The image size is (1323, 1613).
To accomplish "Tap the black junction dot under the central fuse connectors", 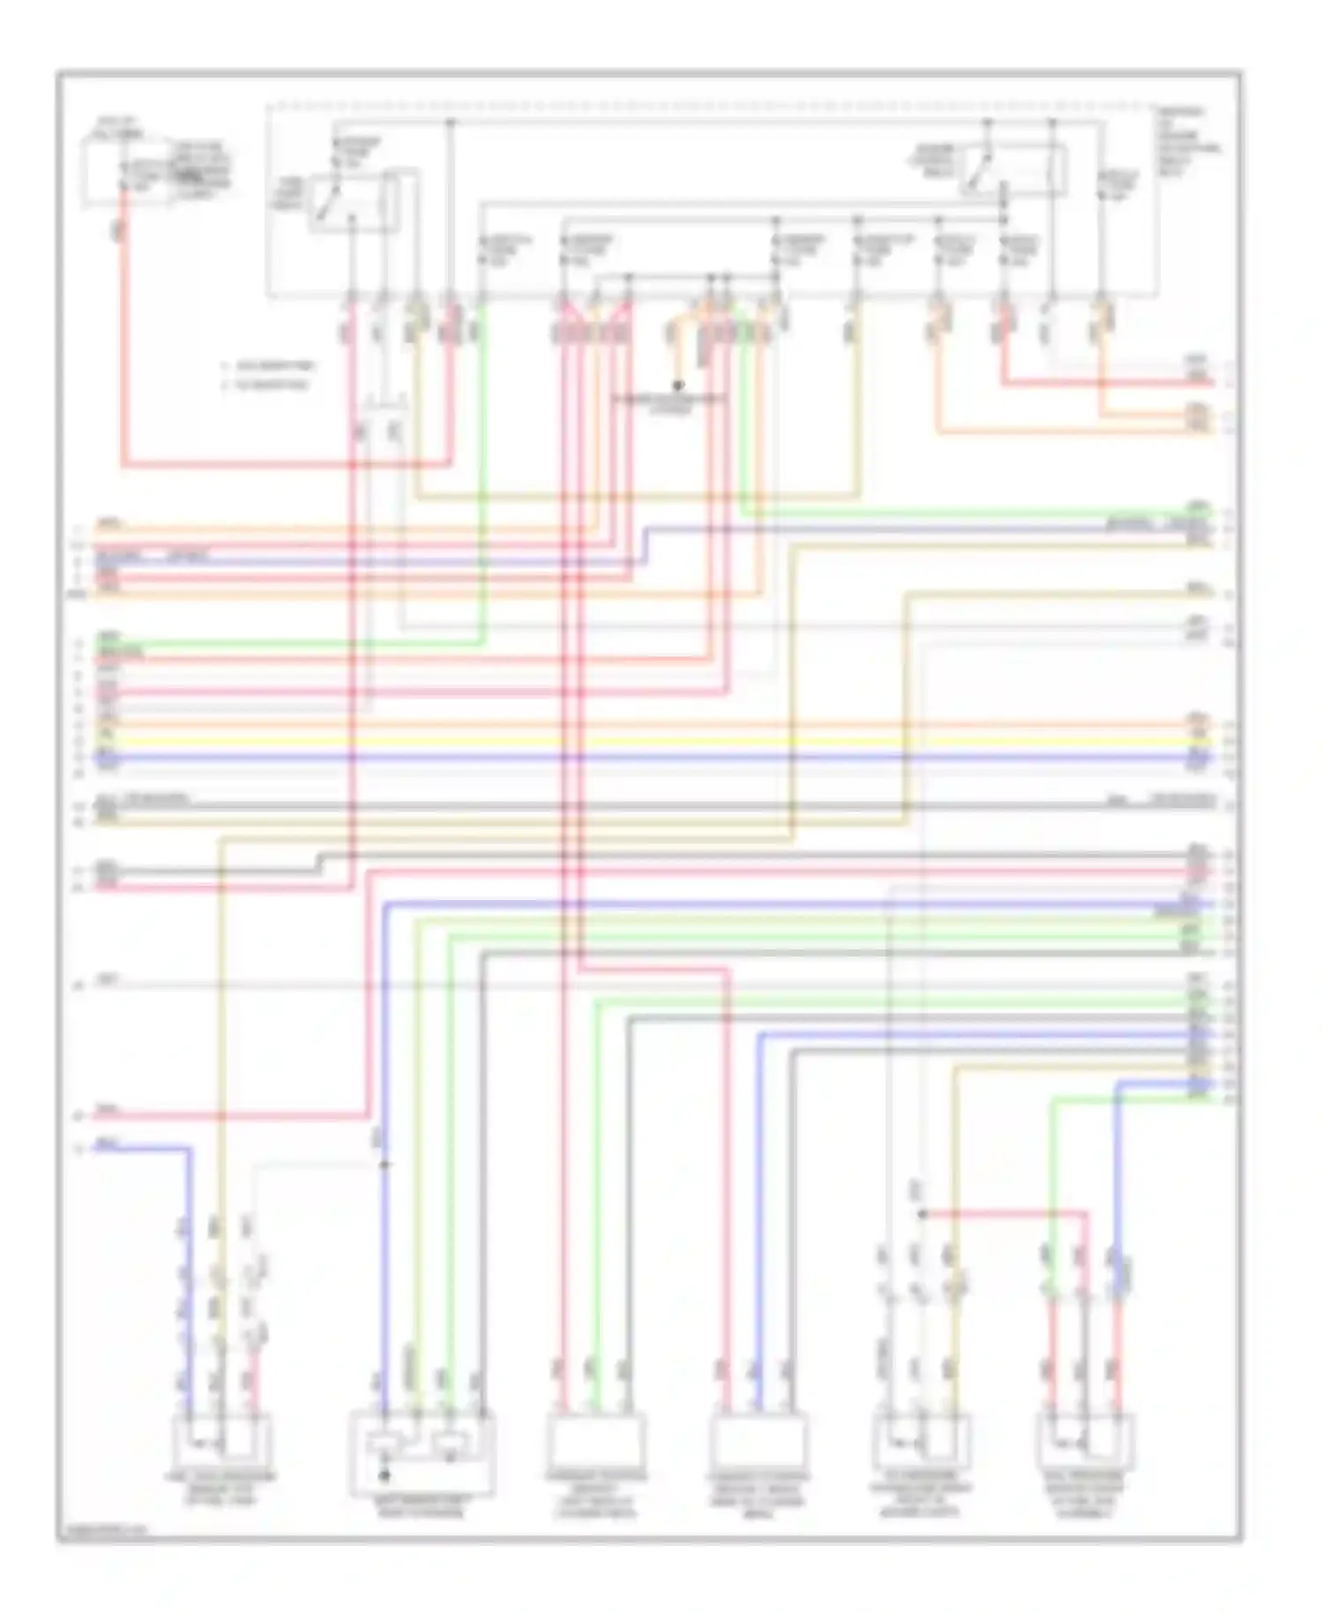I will [x=678, y=386].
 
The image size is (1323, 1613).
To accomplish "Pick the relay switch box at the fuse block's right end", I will [x=1014, y=169].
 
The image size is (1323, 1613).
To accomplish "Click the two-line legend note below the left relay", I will [x=269, y=375].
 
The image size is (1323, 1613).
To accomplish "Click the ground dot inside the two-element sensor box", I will [x=384, y=1474].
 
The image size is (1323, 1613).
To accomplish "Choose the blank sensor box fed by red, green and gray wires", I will [x=596, y=1440].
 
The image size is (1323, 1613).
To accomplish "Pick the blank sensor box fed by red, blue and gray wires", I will [x=759, y=1440].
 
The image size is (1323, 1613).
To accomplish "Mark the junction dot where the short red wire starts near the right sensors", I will [x=923, y=1214].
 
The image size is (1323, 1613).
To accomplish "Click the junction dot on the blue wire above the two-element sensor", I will [x=384, y=1165].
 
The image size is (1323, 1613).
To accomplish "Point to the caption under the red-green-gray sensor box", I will [x=596, y=1493].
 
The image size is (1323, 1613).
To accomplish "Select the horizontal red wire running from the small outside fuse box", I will [x=282, y=463].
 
